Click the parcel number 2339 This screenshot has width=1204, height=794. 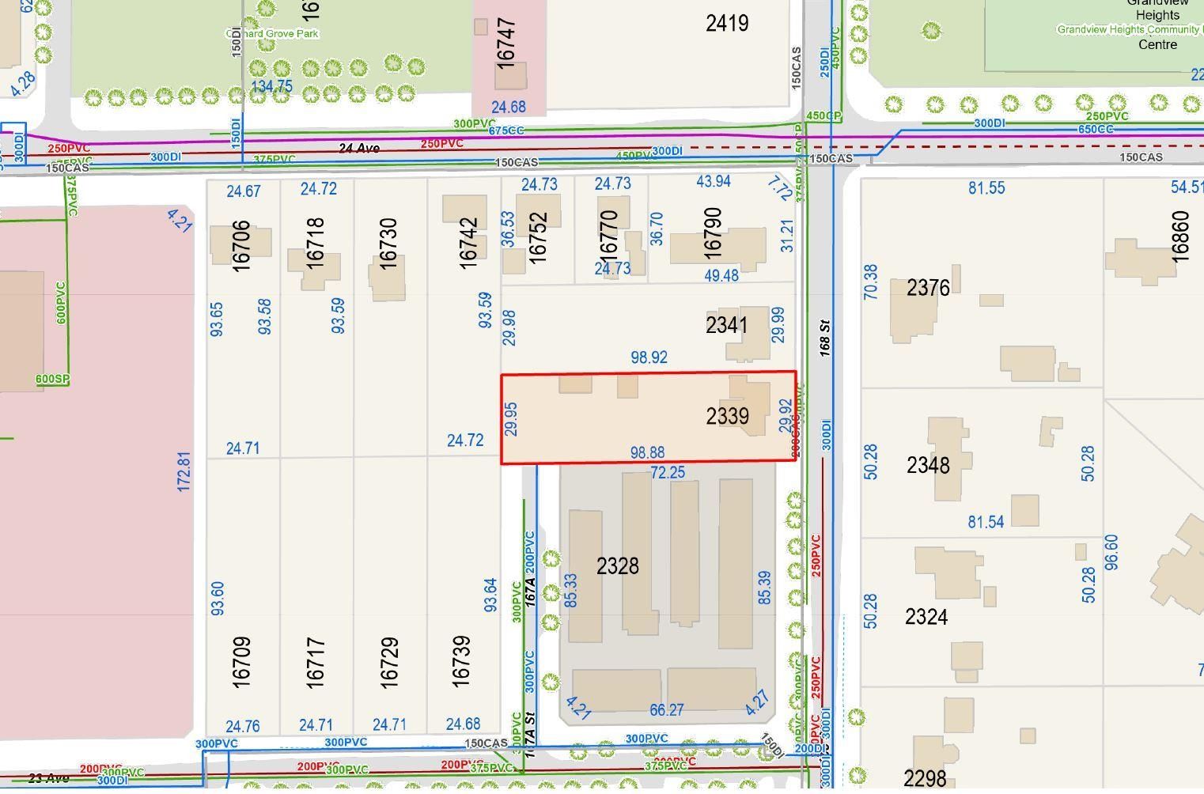(x=727, y=416)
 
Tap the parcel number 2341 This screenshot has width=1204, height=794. (x=726, y=325)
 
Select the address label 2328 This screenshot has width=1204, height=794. (x=617, y=566)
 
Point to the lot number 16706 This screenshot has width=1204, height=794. (x=241, y=246)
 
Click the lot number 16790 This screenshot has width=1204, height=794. (x=712, y=233)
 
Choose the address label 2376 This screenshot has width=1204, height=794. (x=928, y=288)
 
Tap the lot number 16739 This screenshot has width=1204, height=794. (x=460, y=661)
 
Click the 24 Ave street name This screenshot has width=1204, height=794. (x=358, y=148)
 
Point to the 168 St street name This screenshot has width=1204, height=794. (x=824, y=335)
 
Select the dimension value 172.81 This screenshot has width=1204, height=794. (x=184, y=472)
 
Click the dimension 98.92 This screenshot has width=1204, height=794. (x=649, y=357)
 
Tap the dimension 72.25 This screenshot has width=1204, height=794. (x=668, y=473)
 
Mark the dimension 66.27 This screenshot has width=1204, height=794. (x=666, y=710)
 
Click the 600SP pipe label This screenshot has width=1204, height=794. (x=52, y=380)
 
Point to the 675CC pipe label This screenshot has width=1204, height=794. (x=506, y=130)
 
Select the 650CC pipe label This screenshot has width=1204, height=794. (x=1095, y=129)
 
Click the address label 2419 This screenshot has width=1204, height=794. (x=727, y=23)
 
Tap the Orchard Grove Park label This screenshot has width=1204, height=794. (x=272, y=34)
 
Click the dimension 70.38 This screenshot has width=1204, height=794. (x=870, y=282)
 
